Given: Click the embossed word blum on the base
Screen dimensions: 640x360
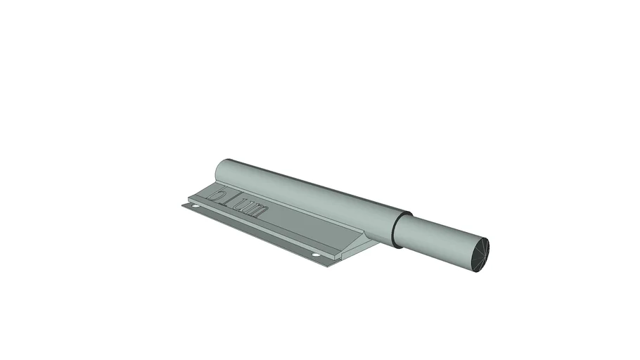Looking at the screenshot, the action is pyautogui.click(x=239, y=202).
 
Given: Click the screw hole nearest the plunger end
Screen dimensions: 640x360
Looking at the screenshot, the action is pyautogui.click(x=316, y=255).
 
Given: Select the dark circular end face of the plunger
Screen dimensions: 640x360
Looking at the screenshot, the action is pyautogui.click(x=480, y=255).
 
